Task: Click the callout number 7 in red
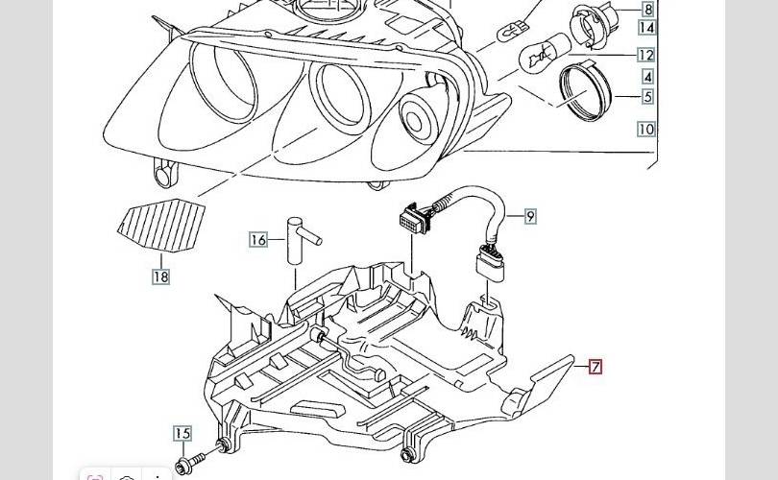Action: pos(596,367)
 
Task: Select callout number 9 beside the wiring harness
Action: pos(530,217)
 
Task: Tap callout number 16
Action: pos(257,240)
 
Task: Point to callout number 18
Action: pos(160,277)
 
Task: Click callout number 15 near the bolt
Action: pos(182,434)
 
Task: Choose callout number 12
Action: pos(645,56)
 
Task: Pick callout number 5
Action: pos(647,97)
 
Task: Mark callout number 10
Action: pos(645,129)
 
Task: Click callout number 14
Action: pos(645,29)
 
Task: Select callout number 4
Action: pos(647,77)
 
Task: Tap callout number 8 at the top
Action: pos(647,10)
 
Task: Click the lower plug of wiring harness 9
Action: pos(488,263)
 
